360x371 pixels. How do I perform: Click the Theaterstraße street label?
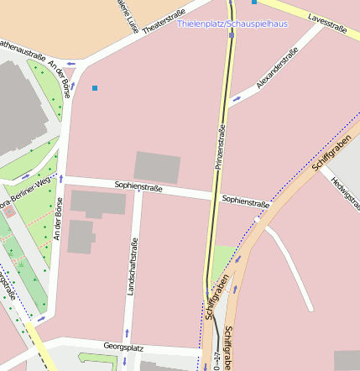[x=164, y=23]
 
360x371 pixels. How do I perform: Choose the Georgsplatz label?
[x=123, y=346]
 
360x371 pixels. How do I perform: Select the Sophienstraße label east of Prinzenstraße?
[x=245, y=201]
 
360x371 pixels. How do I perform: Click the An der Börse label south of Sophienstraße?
[x=58, y=220]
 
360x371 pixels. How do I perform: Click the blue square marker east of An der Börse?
[x=95, y=87]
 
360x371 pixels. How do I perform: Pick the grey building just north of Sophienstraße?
[x=157, y=167]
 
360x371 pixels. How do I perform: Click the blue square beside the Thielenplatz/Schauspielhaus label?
[x=254, y=3]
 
